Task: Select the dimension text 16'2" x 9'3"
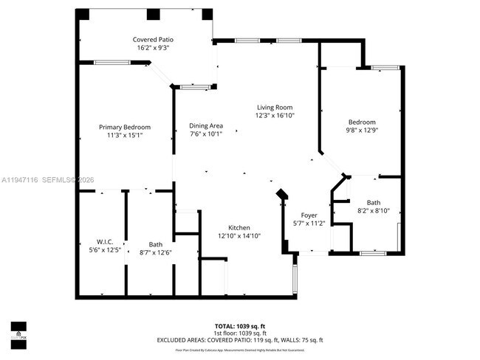click(x=153, y=48)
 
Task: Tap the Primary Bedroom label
click(x=125, y=127)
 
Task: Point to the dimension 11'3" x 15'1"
click(x=125, y=135)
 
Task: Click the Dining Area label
click(x=206, y=125)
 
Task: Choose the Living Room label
click(x=275, y=107)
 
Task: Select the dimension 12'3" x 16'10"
click(x=275, y=115)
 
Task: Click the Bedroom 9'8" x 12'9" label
click(x=362, y=122)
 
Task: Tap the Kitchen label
click(x=239, y=227)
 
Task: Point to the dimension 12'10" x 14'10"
click(x=239, y=235)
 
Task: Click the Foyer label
click(x=309, y=215)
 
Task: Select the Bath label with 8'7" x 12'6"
click(x=156, y=244)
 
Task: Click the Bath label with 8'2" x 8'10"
click(x=373, y=202)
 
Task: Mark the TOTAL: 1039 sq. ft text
click(x=239, y=325)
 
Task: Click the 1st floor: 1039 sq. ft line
click(x=239, y=333)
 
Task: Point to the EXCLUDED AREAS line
click(x=239, y=340)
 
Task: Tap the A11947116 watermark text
click(x=20, y=179)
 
